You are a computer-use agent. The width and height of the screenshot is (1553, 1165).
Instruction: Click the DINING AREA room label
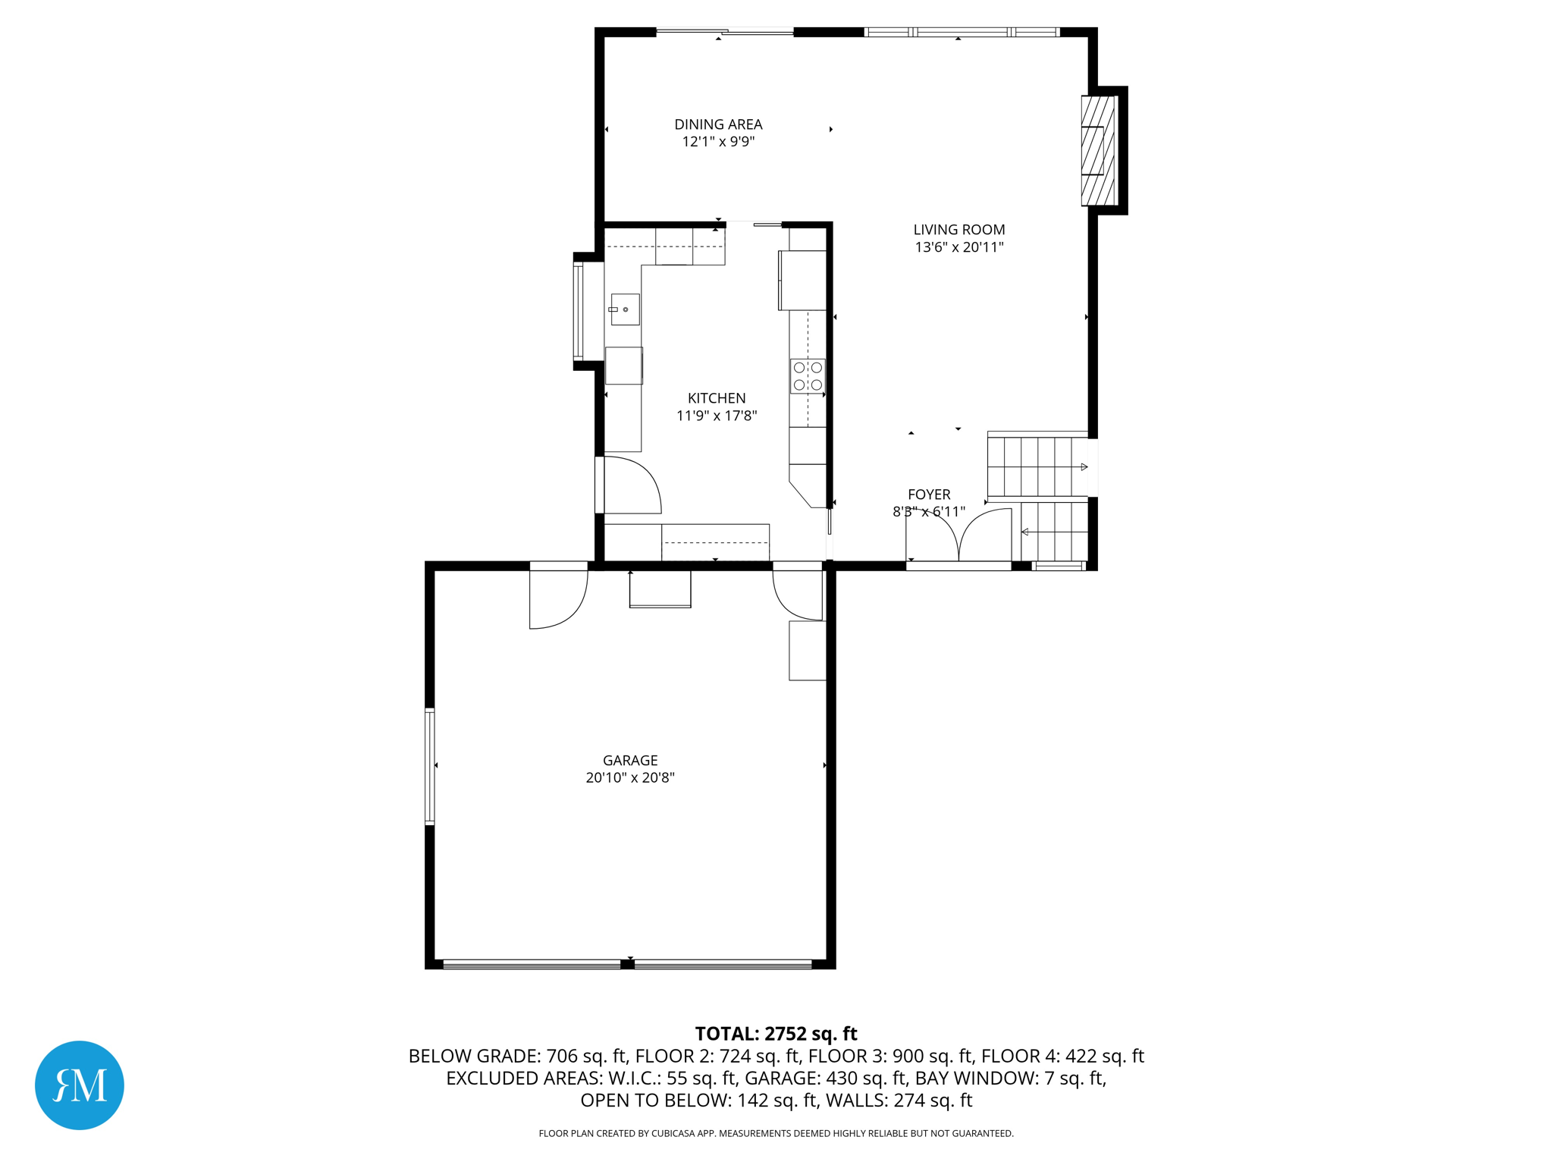coord(717,124)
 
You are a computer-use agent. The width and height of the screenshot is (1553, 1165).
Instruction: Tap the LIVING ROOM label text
coord(958,230)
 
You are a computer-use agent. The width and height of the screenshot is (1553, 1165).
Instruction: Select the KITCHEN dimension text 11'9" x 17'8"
coord(716,416)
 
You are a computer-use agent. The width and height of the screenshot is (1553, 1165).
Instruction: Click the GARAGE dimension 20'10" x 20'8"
coord(629,777)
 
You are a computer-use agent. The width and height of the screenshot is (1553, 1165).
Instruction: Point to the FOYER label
coord(928,495)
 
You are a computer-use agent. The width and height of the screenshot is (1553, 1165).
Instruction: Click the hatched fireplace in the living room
coord(1098,150)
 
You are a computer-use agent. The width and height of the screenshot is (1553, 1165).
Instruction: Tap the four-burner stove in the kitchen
coord(807,376)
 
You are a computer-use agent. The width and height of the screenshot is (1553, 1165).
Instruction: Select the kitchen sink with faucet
coord(624,309)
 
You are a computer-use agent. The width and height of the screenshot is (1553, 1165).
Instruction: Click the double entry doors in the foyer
coord(958,537)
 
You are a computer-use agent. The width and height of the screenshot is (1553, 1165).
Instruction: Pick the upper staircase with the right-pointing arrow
coord(1036,466)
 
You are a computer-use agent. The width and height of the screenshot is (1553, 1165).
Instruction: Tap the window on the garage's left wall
coord(430,766)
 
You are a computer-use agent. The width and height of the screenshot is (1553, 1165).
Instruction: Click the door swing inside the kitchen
coord(632,485)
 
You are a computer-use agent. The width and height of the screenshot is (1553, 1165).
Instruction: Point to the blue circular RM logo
coord(80,1085)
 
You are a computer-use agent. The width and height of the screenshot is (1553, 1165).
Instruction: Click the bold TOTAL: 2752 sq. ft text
coord(776,1034)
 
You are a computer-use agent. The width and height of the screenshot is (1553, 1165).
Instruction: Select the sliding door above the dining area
coord(724,32)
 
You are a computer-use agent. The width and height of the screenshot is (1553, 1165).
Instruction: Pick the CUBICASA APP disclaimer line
coord(776,1133)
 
